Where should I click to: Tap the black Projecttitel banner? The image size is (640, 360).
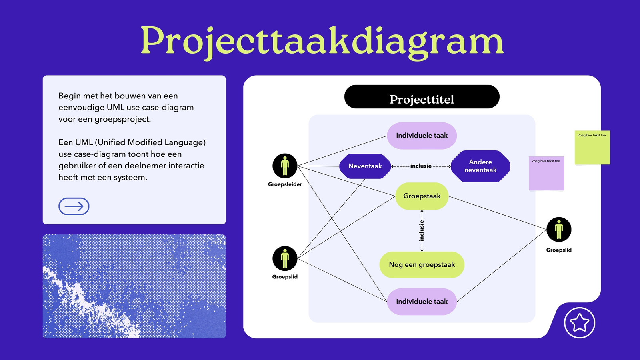422,96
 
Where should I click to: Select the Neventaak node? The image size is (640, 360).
365,166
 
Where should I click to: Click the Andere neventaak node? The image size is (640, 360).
480,166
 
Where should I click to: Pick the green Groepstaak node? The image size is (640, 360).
422,196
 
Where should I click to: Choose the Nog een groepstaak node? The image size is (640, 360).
422,264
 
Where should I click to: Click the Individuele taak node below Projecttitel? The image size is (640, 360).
422,136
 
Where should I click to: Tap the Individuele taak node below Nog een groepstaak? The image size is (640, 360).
422,302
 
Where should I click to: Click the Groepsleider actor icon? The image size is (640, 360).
285,166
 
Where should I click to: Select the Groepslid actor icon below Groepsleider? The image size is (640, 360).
285,258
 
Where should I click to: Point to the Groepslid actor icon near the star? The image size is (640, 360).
559,230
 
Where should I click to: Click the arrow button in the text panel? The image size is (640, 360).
74,206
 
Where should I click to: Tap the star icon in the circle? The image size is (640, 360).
580,323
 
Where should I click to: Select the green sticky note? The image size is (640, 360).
592,148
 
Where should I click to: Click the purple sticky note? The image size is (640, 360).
546,173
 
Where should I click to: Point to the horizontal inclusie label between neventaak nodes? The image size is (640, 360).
421,166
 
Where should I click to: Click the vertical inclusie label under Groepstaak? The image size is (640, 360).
422,231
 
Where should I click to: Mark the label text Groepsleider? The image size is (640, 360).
285,184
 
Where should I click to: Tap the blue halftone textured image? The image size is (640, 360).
134,286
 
